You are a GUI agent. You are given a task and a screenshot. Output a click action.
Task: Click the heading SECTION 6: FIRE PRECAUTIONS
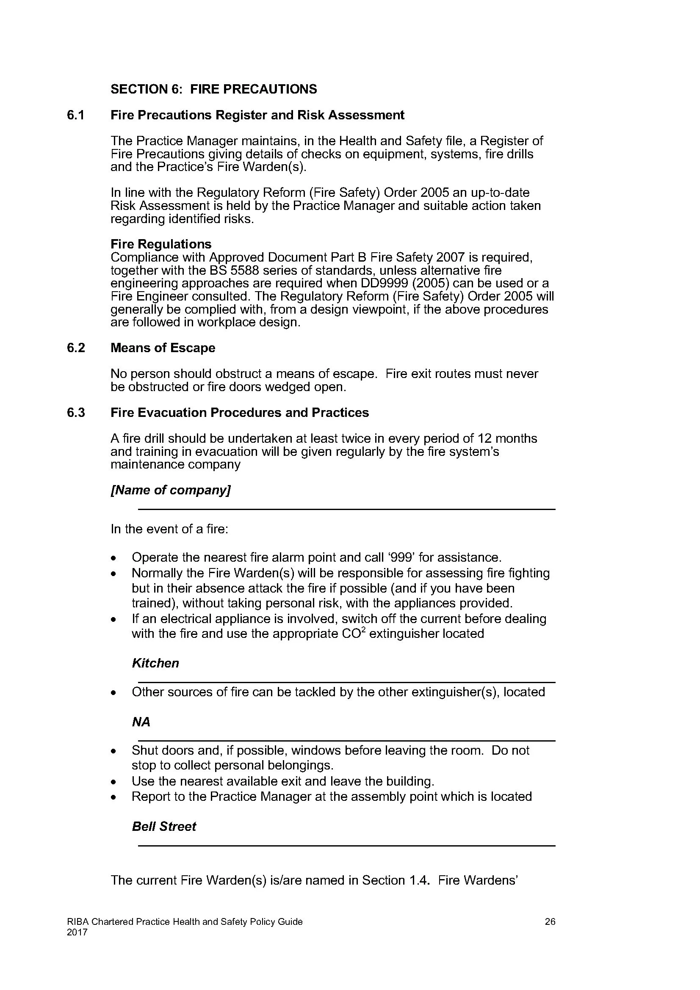tap(213, 89)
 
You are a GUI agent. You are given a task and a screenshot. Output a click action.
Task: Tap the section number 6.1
tap(76, 115)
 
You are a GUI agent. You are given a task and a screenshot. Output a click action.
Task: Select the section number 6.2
tap(76, 348)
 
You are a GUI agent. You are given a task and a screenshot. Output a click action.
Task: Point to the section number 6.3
tap(76, 413)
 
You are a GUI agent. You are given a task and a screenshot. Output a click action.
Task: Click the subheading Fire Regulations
tap(161, 244)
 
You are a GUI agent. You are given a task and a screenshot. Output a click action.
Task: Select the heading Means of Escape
tap(163, 348)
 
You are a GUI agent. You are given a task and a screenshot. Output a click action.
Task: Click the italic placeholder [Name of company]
tap(171, 490)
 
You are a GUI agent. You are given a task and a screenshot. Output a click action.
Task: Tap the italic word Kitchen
tap(155, 663)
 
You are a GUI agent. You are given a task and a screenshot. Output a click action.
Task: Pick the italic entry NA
tap(141, 722)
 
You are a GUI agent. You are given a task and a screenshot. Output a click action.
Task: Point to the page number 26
tap(550, 922)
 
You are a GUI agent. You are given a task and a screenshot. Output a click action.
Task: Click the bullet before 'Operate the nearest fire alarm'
tap(113, 558)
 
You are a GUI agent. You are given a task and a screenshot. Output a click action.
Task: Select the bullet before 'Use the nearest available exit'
tap(113, 782)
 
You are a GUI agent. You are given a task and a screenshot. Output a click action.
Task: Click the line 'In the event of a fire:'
tap(169, 529)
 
